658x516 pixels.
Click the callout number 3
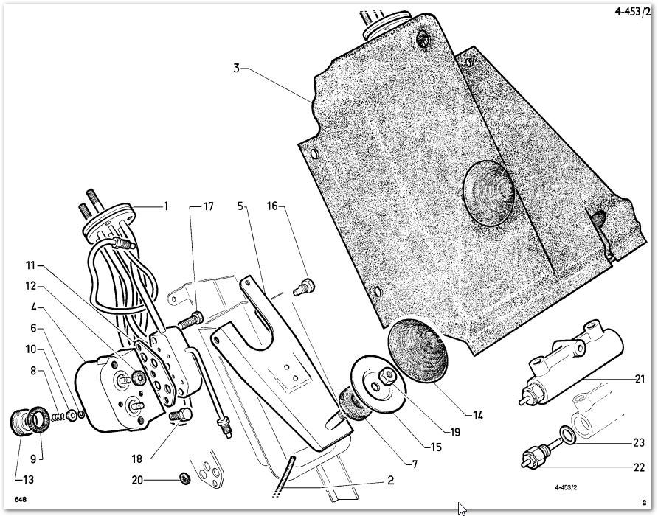point(237,69)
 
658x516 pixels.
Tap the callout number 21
point(639,379)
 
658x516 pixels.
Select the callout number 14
point(477,415)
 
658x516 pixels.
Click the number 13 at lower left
point(29,479)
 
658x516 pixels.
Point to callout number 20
point(137,479)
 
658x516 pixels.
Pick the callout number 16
point(272,206)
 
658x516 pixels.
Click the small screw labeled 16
point(304,287)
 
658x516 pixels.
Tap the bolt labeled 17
point(191,320)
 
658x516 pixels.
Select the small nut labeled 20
point(184,478)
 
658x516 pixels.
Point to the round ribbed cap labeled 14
point(418,351)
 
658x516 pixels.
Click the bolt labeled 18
point(181,416)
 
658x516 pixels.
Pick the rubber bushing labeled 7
point(352,403)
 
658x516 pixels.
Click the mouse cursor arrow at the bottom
point(462,509)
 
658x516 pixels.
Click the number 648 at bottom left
point(20,500)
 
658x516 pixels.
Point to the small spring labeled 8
point(58,416)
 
